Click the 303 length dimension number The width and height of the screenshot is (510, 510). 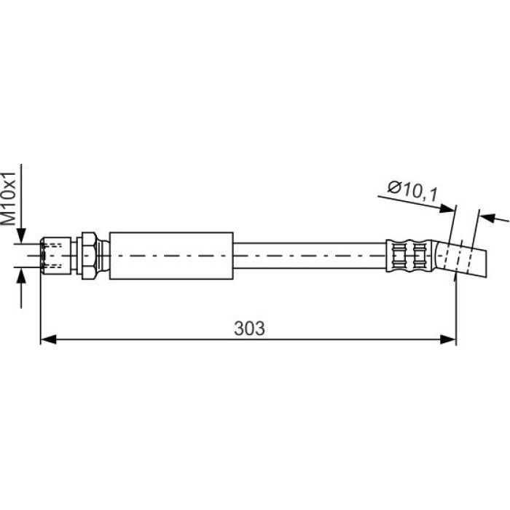pos(249,328)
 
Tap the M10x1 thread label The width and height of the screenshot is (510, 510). pos(8,199)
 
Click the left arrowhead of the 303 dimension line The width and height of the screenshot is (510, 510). pos(48,340)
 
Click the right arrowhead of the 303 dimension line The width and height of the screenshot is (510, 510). pos(448,340)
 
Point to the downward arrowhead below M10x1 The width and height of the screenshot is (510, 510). pos(21,235)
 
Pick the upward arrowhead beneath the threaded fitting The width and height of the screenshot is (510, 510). pos(21,275)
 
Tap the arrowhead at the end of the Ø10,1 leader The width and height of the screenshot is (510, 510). pos(447,208)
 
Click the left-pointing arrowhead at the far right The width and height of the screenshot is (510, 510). pos(487,218)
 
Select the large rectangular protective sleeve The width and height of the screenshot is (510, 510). pos(171,256)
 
